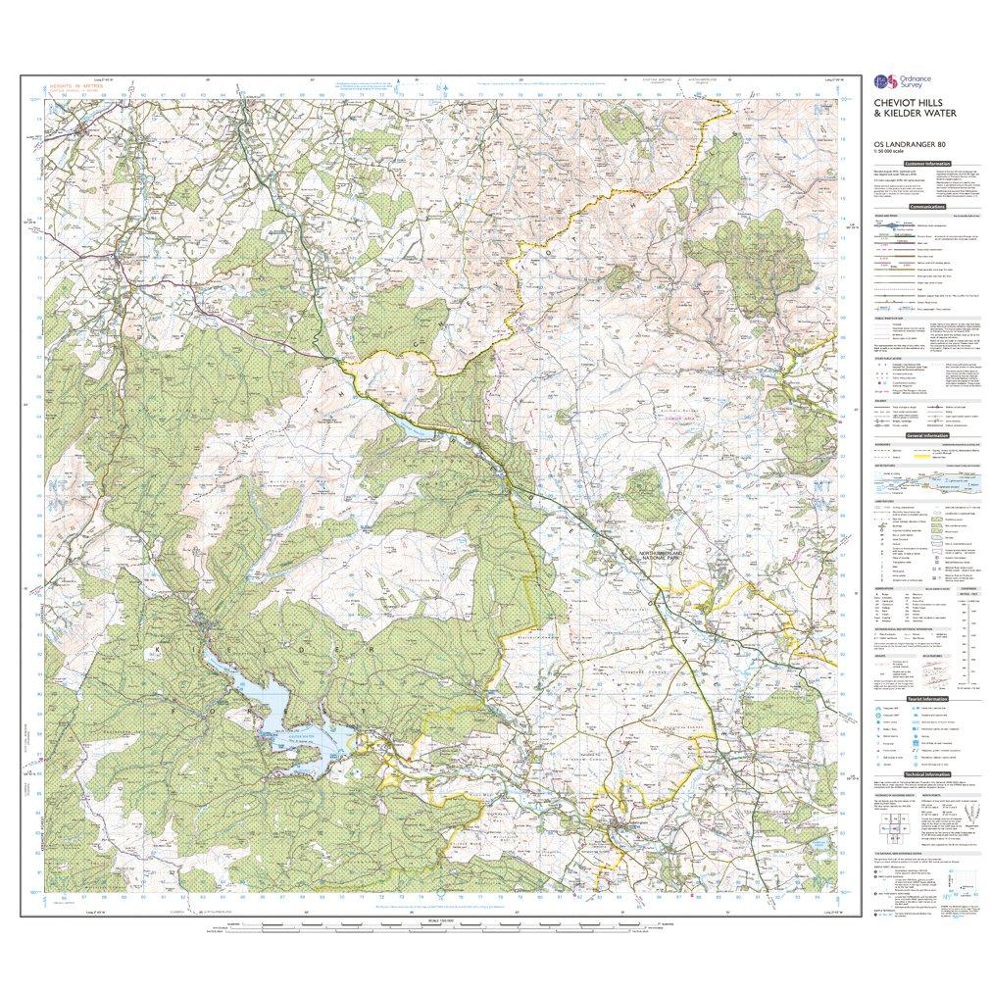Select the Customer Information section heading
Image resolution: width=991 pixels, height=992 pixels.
927,164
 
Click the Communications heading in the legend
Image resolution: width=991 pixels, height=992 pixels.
927,208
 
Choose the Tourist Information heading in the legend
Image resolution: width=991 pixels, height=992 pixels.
927,699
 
